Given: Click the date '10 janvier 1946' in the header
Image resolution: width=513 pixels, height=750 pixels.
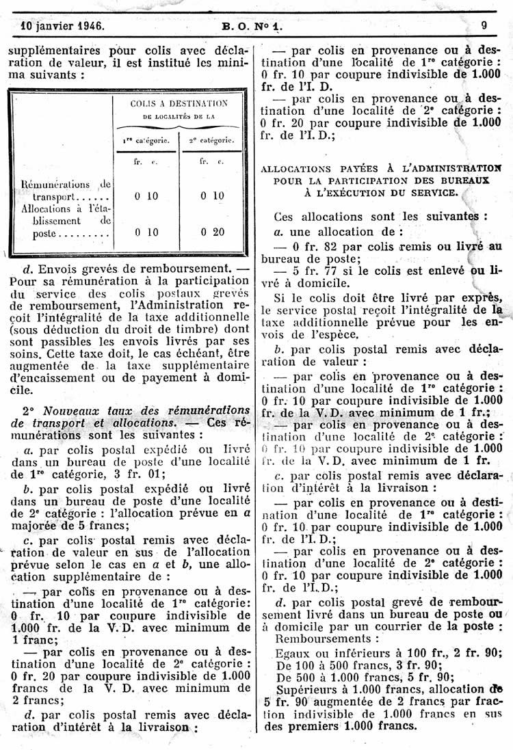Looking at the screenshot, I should (x=62, y=27).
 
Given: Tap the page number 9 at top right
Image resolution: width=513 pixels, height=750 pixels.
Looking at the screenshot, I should (x=484, y=27).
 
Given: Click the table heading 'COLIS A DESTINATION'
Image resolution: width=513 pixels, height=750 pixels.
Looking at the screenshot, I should (x=179, y=104).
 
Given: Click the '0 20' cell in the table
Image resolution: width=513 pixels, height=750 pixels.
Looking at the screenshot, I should (x=212, y=232).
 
